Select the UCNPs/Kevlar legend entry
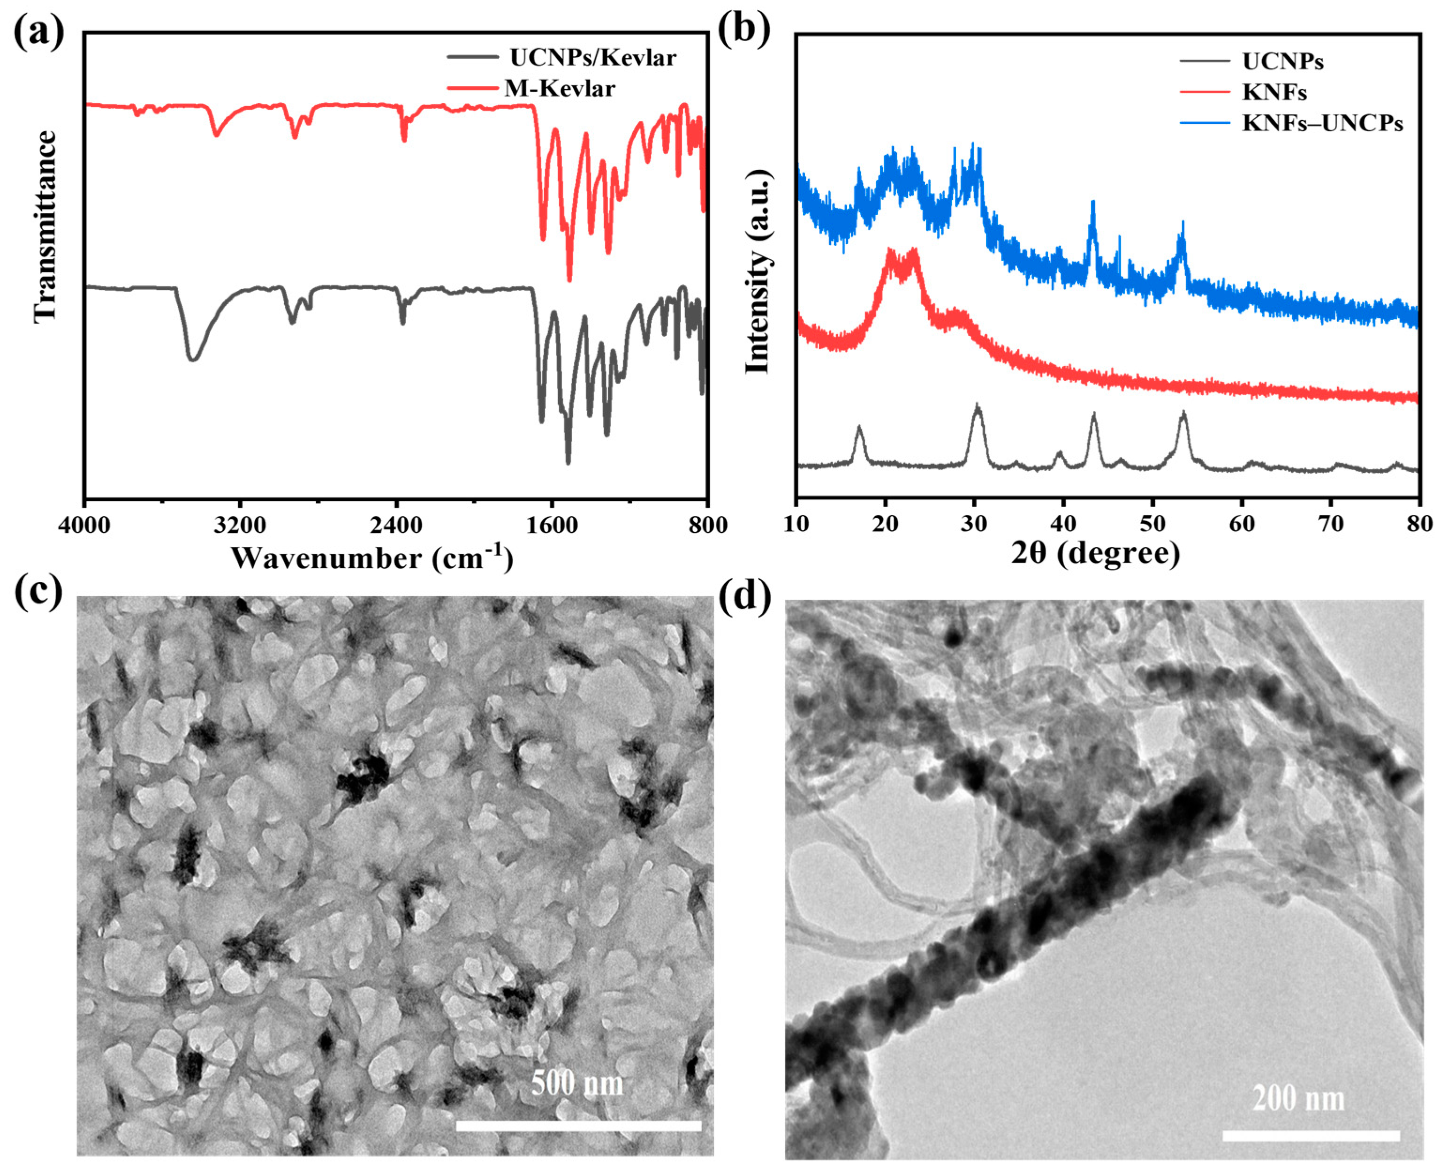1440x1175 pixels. [x=592, y=58]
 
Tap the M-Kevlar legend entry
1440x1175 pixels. [x=559, y=88]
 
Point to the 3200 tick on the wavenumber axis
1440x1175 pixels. [x=239, y=525]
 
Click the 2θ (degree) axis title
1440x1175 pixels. [x=1095, y=554]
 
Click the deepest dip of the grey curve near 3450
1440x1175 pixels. [x=193, y=358]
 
